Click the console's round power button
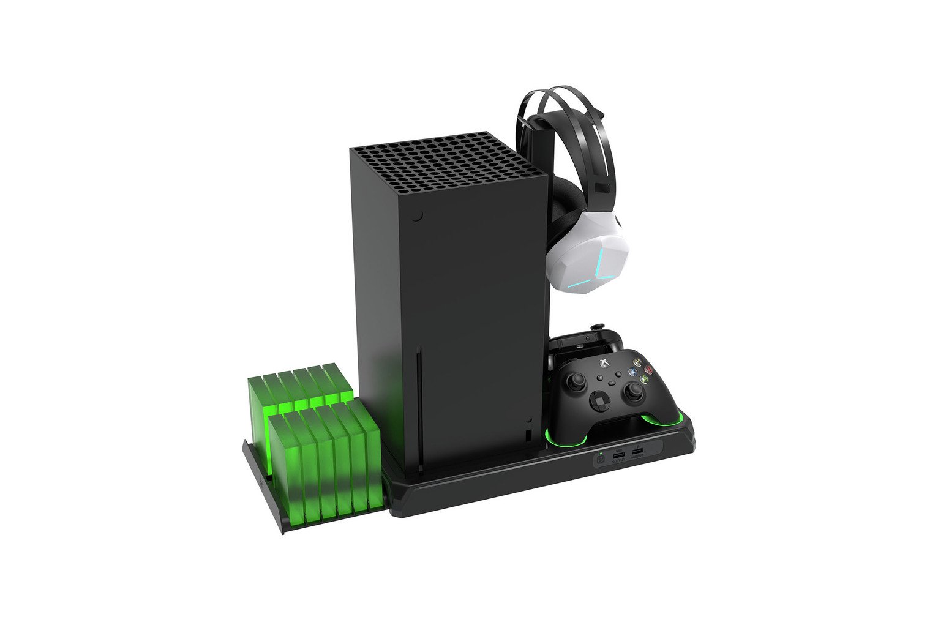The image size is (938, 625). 417,216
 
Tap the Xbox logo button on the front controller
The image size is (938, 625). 604,362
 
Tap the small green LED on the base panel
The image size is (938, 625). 601,452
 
